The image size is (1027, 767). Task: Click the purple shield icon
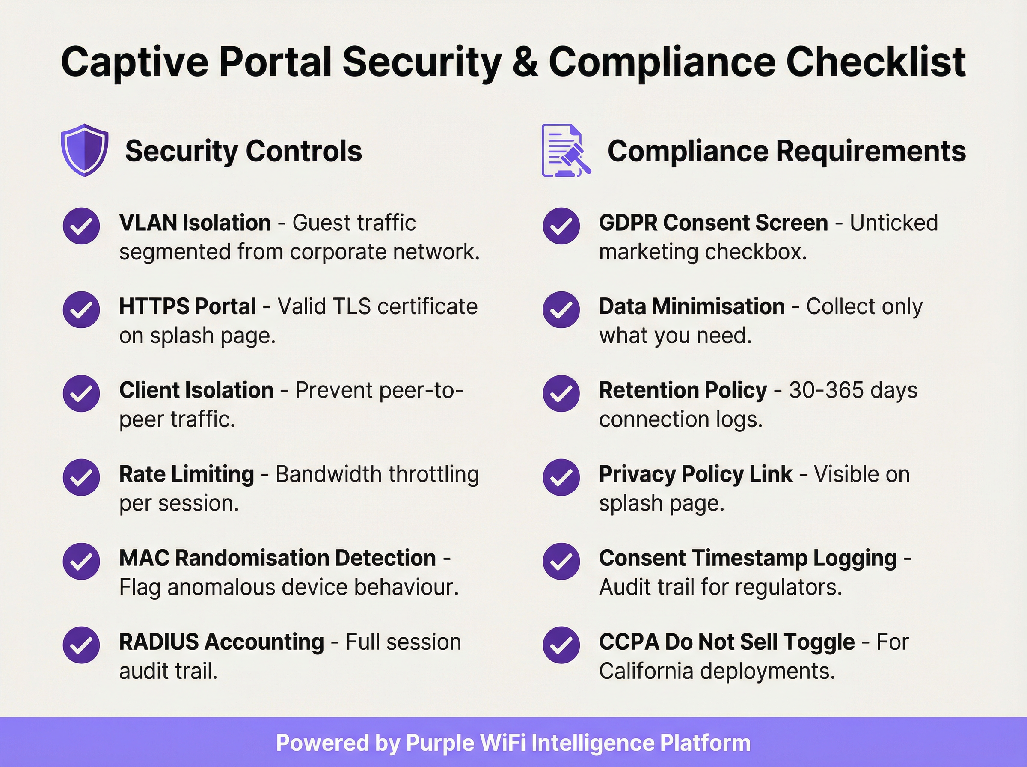point(84,150)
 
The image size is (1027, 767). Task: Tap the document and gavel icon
point(566,150)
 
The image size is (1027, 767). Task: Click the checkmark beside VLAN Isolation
point(81,226)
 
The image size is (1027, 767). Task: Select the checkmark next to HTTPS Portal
point(81,310)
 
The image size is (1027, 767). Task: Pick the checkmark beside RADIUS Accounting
point(81,645)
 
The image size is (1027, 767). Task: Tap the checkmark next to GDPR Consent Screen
point(561,226)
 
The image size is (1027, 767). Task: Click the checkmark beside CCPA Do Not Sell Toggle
point(561,645)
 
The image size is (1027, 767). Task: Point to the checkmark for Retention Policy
point(561,393)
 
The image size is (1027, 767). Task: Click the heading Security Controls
point(243,151)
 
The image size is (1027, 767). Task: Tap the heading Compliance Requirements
point(787,151)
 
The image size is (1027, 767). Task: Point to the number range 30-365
point(826,390)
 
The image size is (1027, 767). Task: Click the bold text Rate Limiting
point(187,474)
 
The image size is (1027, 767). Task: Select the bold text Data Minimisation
point(692,306)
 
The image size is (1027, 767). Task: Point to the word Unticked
point(893,223)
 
